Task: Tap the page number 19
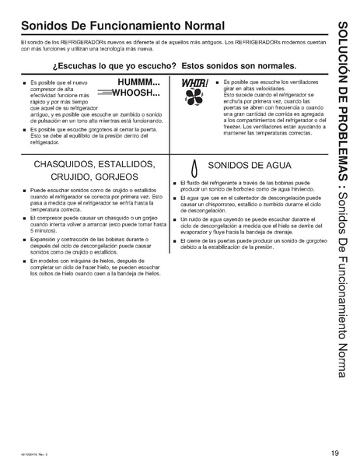(334, 454)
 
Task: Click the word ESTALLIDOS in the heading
(124, 164)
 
